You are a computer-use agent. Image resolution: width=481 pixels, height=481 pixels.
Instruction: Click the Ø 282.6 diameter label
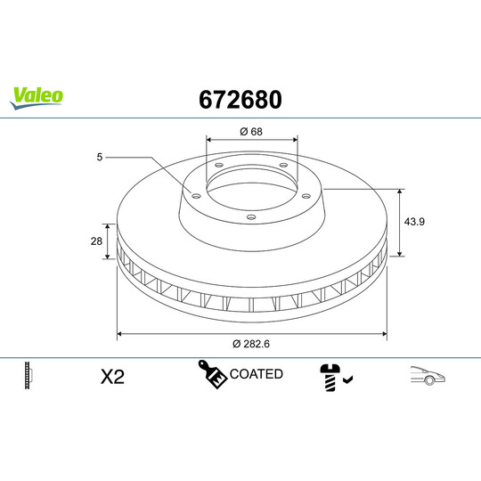pos(252,345)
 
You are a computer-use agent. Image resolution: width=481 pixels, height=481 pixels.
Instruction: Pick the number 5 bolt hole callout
pos(101,158)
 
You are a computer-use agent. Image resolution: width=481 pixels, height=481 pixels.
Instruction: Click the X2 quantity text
pos(112,377)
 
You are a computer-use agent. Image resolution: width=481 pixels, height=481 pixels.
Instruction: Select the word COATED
pos(256,374)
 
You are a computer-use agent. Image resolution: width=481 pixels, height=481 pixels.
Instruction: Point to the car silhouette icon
pos(428,377)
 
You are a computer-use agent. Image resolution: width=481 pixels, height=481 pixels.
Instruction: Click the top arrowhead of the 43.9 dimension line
pos(400,192)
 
